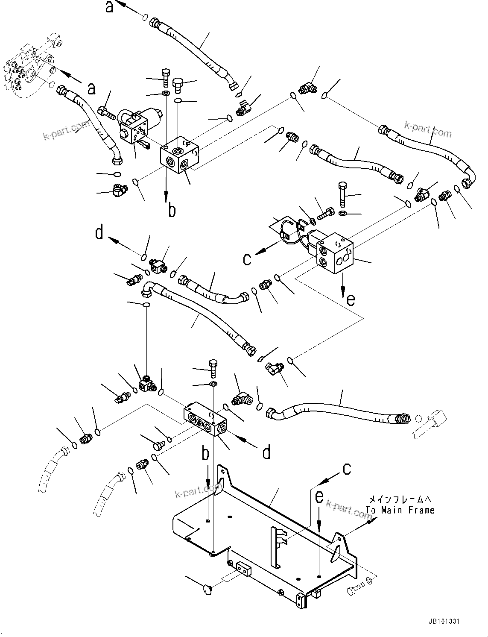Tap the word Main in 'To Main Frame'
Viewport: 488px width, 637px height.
click(399, 510)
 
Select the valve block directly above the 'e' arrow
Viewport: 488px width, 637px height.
click(335, 252)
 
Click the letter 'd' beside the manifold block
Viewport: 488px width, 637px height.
click(266, 452)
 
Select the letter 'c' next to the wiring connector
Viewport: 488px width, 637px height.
click(247, 259)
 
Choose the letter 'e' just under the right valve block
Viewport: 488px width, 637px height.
click(350, 300)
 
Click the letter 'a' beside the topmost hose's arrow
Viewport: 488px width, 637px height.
click(110, 7)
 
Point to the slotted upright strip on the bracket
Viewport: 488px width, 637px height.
click(275, 546)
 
